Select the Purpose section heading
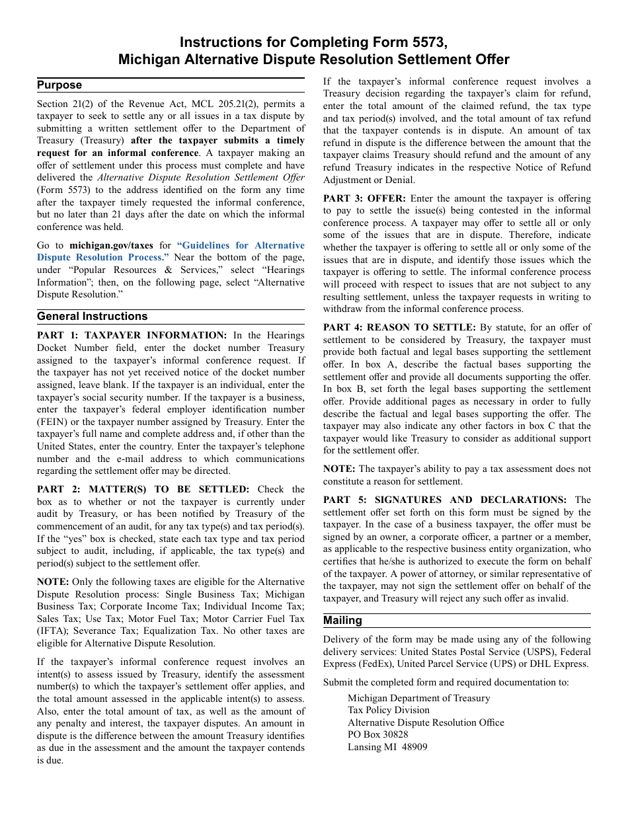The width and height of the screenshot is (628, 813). click(59, 85)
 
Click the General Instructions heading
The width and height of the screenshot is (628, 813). click(92, 316)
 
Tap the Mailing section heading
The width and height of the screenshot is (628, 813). click(342, 620)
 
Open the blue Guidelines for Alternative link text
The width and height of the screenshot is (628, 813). click(241, 245)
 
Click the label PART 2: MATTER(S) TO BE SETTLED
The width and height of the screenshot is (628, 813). click(143, 489)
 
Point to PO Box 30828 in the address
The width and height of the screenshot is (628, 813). click(377, 734)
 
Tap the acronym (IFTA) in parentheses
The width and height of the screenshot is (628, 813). click(56, 631)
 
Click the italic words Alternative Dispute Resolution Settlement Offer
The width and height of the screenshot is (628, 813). click(201, 177)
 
